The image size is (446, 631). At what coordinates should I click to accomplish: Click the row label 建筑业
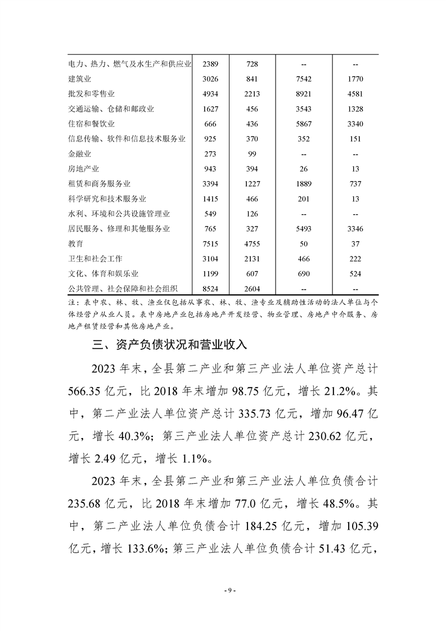79,79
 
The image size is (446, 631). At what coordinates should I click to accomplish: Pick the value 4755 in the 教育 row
252,244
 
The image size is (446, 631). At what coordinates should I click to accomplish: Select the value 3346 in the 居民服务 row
355,229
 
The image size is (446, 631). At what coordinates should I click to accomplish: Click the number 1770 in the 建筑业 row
355,79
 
